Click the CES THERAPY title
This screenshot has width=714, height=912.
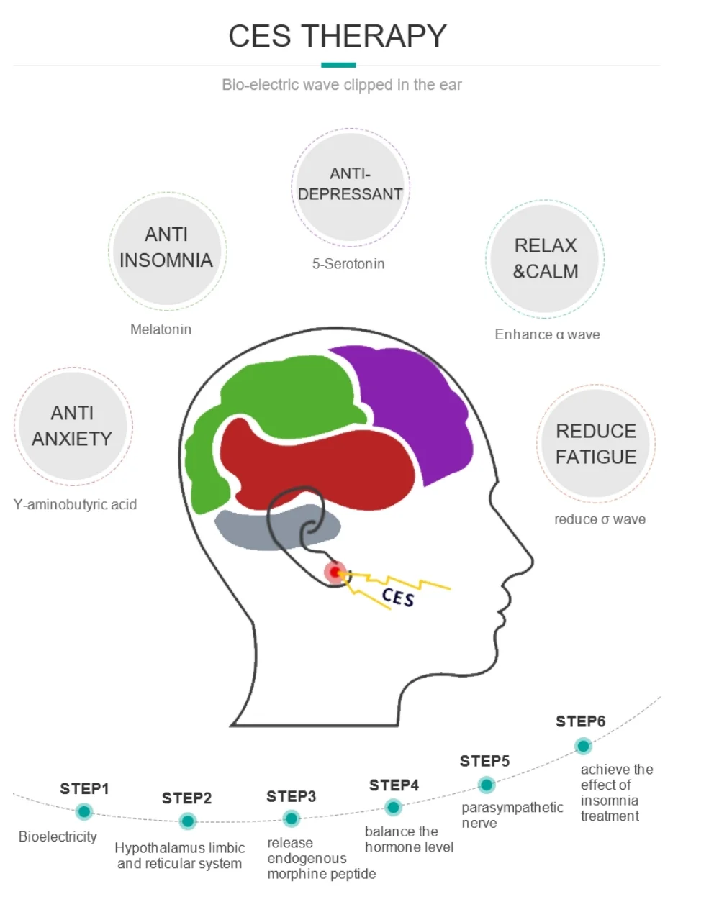click(337, 36)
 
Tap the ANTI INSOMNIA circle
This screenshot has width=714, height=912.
click(167, 248)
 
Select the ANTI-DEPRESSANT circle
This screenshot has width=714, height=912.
click(350, 185)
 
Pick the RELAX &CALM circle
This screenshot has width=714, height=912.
click(545, 258)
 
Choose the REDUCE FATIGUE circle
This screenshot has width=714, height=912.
click(596, 444)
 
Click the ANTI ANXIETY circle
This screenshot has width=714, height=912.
click(73, 426)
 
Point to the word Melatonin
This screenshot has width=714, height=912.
click(161, 329)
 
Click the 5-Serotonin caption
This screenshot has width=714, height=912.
click(348, 264)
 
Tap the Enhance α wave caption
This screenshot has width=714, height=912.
click(547, 334)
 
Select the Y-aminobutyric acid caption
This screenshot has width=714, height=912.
click(75, 505)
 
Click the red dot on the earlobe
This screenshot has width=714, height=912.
click(335, 573)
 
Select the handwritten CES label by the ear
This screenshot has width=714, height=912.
click(398, 596)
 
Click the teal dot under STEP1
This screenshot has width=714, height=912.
click(84, 812)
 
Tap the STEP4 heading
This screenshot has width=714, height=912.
click(394, 785)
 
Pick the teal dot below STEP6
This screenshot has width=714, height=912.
click(583, 747)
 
